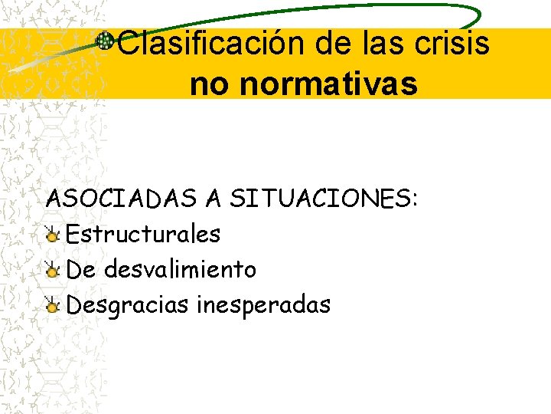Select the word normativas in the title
(x=328, y=84)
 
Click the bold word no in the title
(x=210, y=84)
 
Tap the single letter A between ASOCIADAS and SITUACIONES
(x=213, y=199)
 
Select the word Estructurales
(x=144, y=234)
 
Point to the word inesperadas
(x=263, y=305)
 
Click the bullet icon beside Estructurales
(x=53, y=235)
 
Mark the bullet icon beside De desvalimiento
(x=53, y=270)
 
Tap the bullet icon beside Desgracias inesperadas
(x=53, y=306)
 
